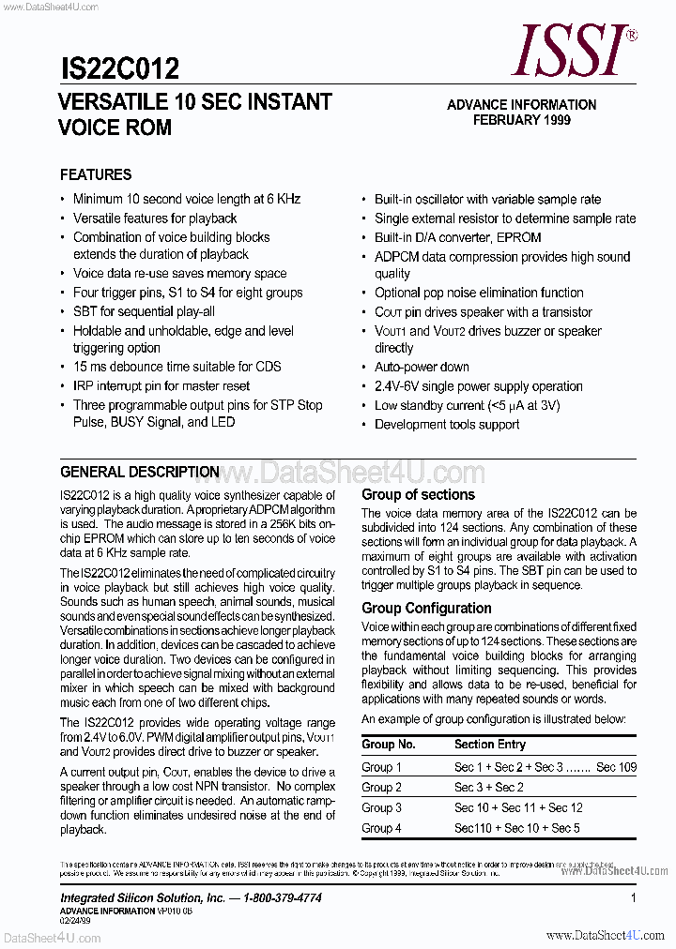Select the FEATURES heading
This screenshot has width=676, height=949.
(96, 174)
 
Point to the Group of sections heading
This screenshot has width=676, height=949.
(419, 494)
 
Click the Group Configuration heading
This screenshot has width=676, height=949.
(426, 608)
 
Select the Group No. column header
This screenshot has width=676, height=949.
(389, 744)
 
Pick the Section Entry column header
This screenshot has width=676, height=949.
(490, 744)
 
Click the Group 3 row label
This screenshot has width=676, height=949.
(382, 807)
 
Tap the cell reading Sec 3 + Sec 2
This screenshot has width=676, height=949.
(489, 788)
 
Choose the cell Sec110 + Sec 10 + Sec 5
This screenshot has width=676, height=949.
(517, 828)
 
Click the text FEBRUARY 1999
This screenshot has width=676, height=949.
(521, 120)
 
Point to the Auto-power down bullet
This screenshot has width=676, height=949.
(422, 367)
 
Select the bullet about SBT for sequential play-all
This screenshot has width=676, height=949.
(144, 311)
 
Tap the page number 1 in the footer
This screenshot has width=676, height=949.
(634, 897)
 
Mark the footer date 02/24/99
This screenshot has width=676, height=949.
(75, 921)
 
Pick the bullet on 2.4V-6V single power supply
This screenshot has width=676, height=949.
(478, 386)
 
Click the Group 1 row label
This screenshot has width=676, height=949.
(382, 767)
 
